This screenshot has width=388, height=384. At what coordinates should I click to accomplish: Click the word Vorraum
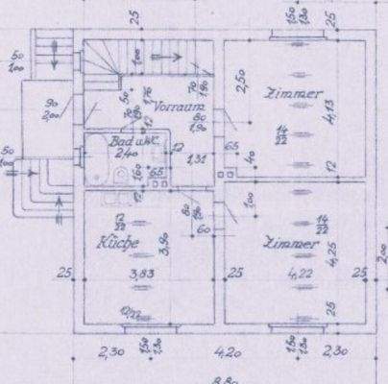pyautogui.click(x=176, y=108)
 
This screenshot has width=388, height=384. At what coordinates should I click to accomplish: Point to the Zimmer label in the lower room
pyautogui.click(x=293, y=245)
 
